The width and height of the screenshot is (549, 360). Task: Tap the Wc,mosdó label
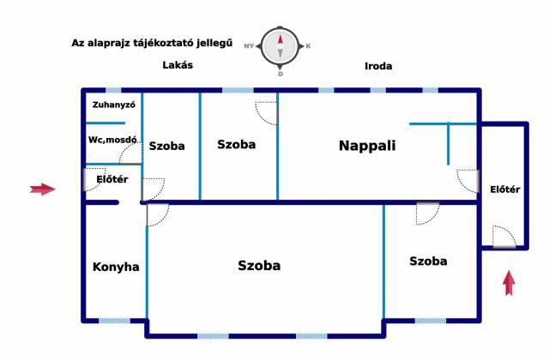112,139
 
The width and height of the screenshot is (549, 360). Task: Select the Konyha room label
116,267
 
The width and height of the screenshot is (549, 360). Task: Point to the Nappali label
367,146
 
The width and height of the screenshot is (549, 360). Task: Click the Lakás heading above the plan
178,65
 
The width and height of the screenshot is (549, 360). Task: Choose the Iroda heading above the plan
378,65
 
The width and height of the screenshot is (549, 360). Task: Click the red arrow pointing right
41,189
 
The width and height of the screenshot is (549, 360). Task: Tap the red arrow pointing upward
509,282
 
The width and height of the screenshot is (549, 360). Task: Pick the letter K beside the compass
308,45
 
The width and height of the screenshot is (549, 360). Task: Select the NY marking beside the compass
250,45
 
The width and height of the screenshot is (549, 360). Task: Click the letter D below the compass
280,74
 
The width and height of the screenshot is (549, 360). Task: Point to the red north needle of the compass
280,39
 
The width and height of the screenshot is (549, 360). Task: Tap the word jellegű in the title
213,42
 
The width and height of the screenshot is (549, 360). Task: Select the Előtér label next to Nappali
503,189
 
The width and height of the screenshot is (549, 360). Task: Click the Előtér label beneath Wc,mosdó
112,178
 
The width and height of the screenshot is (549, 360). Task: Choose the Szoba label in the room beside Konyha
259,266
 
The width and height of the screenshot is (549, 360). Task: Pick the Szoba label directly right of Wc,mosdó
166,146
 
